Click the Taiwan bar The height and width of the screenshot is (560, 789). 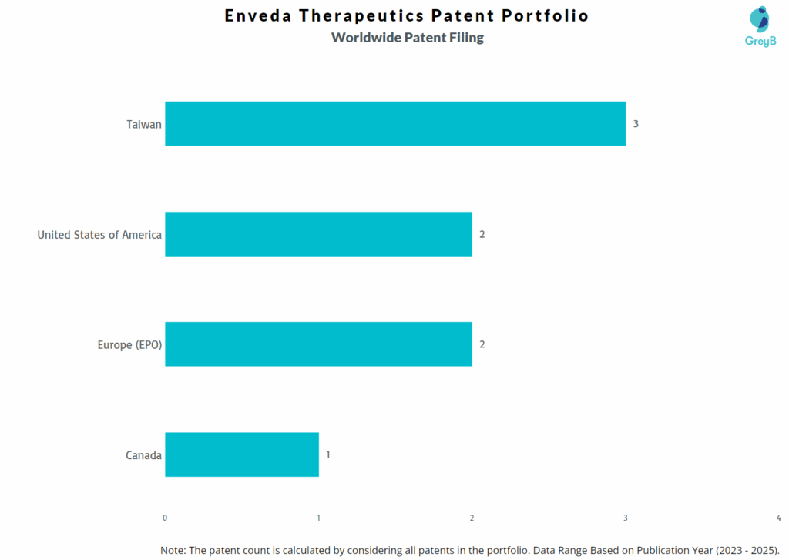point(394,123)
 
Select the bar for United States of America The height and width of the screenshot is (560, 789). point(317,234)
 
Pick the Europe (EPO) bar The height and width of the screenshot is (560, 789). point(317,344)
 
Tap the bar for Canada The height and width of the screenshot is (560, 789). point(241,454)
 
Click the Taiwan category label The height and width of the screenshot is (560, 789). point(144,123)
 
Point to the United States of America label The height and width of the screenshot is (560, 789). point(99,234)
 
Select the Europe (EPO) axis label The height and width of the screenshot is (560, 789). point(129,344)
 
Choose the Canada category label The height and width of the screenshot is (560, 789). point(143,455)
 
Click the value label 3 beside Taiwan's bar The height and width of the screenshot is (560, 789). point(636,123)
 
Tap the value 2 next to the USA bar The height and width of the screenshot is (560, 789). point(482,234)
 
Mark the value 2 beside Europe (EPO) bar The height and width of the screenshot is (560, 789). point(482,344)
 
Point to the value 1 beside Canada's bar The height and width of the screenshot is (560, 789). point(328,454)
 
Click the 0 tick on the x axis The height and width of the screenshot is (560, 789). point(165,518)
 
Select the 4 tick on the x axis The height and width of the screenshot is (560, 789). point(778,518)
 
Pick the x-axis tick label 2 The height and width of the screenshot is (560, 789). point(472,518)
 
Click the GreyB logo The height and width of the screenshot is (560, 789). point(759,27)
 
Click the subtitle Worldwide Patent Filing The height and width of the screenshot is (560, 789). point(408,38)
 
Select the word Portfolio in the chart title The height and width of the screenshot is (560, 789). point(546,15)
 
